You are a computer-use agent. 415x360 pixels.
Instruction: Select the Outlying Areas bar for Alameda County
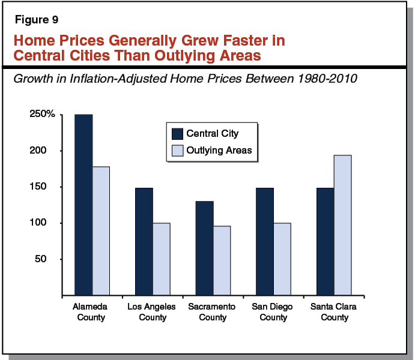tap(101, 231)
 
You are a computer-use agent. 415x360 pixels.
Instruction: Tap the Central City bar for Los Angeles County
tap(144, 242)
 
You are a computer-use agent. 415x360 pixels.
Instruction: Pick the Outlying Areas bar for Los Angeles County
tap(162, 259)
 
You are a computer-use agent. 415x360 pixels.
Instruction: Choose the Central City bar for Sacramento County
tap(204, 248)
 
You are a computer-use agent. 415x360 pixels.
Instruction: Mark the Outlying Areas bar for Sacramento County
tap(222, 261)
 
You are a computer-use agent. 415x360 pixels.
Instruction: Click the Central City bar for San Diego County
tap(265, 242)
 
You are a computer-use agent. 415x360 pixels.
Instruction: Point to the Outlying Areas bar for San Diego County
tap(282, 259)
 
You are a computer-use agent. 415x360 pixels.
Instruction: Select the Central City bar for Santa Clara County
tap(325, 242)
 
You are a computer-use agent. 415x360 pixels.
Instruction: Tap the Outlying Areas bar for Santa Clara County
tap(342, 225)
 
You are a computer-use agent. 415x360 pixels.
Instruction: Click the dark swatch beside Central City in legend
tap(177, 133)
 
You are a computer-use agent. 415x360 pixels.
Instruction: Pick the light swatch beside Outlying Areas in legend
tap(177, 150)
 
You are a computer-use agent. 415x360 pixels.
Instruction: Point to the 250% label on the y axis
tap(42, 115)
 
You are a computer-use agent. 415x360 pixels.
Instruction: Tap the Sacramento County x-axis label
tap(213, 311)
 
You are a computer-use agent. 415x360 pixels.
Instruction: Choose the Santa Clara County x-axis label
tap(334, 311)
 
